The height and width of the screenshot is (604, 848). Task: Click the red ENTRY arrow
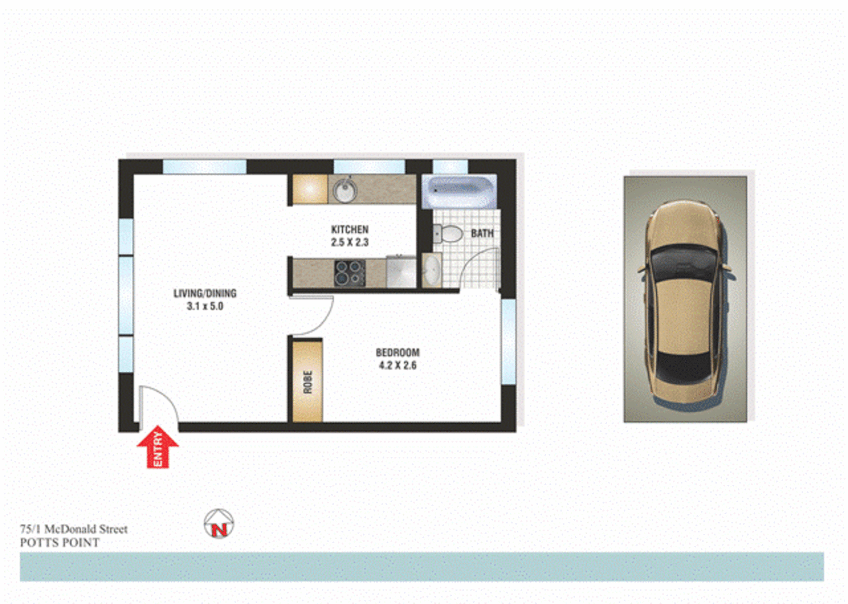[158, 447]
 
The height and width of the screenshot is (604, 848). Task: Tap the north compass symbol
[219, 524]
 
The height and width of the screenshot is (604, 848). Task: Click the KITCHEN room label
[350, 229]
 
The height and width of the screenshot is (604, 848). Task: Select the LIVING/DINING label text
[205, 293]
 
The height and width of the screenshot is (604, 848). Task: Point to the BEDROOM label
[397, 352]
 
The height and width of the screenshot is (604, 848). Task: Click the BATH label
[482, 233]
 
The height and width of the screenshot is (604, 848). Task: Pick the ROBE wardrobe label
[308, 382]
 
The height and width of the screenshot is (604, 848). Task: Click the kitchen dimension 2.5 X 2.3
[350, 242]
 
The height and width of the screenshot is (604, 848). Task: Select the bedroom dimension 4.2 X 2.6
[397, 366]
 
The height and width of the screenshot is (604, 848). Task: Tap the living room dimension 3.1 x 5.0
[205, 306]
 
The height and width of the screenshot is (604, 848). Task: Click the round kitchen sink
[345, 191]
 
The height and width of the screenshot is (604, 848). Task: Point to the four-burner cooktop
[350, 273]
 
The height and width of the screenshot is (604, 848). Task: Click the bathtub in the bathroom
[459, 192]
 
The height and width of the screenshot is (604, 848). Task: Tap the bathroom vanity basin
[431, 271]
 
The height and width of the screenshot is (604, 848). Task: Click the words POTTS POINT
[60, 542]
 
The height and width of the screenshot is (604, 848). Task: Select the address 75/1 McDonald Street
[74, 529]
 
